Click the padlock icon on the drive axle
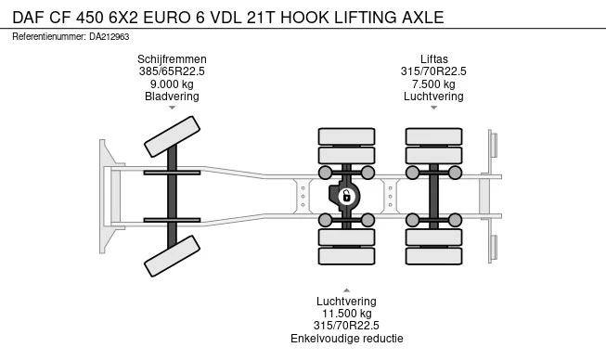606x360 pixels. [x=345, y=196]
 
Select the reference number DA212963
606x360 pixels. [x=110, y=36]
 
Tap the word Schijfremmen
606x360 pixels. [x=172, y=59]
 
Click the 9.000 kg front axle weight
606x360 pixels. [x=172, y=84]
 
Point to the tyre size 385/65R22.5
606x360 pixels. [x=172, y=71]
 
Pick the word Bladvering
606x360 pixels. [x=172, y=96]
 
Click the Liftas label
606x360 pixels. [x=432, y=59]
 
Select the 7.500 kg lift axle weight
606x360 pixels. [x=432, y=84]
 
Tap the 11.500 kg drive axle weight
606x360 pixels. [x=346, y=314]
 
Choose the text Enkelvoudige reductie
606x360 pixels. [x=346, y=338]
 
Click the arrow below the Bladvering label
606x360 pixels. [x=172, y=108]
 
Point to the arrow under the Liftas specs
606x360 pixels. [x=432, y=108]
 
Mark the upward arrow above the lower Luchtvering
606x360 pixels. [x=346, y=289]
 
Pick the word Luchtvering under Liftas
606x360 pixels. [x=432, y=96]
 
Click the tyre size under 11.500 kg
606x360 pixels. [x=346, y=326]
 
